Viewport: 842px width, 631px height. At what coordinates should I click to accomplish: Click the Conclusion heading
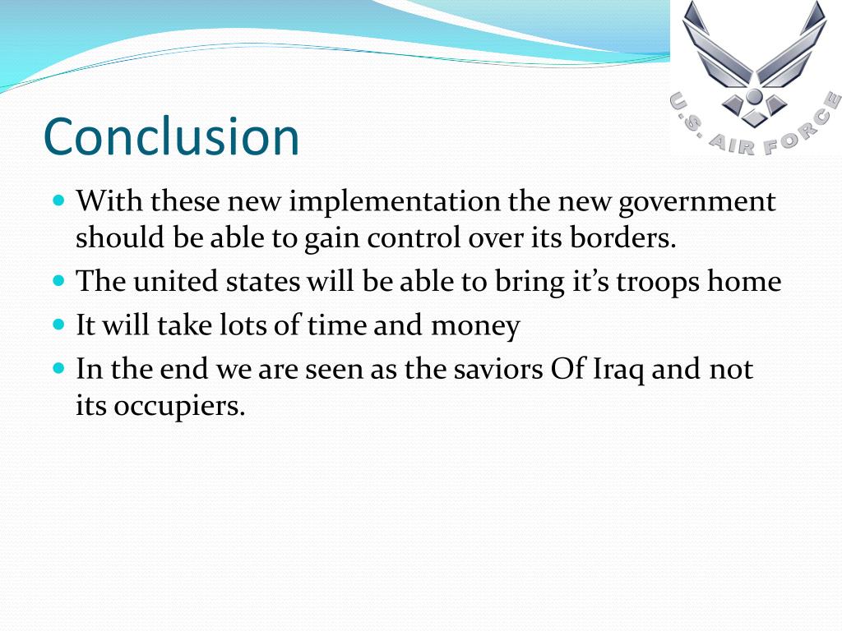[171, 136]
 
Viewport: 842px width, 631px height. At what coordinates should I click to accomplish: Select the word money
[476, 325]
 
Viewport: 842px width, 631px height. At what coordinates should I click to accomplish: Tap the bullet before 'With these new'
[58, 200]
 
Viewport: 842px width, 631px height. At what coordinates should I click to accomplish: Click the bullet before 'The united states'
[58, 279]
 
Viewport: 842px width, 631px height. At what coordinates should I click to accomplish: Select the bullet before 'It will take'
[58, 324]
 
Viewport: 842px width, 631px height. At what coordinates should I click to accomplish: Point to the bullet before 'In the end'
[58, 367]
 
